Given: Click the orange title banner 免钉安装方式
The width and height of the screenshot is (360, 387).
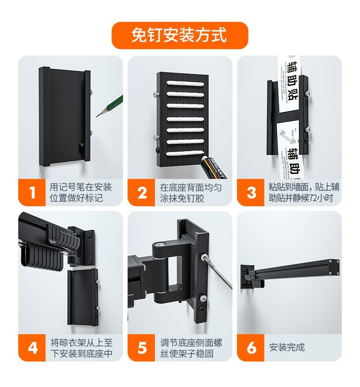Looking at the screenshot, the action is pos(180,36).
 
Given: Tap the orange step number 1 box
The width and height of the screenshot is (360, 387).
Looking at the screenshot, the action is pos(32,192).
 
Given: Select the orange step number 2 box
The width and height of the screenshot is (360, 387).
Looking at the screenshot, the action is pos(141,192).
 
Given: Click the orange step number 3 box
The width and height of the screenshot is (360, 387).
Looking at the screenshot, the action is pos(251,192).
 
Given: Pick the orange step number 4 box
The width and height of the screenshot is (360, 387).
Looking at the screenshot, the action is pos(32,347).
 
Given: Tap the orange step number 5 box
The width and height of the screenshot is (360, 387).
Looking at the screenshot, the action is pos(141,347).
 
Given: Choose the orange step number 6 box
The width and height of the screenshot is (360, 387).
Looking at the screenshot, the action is pos(251,347).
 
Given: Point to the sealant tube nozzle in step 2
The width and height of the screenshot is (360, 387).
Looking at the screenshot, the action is pos(204,157).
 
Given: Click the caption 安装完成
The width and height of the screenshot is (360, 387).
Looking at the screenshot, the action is pos(287,347).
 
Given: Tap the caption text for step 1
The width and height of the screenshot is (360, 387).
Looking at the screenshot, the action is pos(81,193).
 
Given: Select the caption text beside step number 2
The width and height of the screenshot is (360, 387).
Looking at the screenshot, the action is pos(190,193).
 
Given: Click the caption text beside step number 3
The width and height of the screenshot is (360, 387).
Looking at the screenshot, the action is pos(304,193).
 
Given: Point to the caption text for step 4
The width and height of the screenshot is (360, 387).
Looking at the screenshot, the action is pos(82,348).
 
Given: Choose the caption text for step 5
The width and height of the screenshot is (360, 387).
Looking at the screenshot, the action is pos(191,348).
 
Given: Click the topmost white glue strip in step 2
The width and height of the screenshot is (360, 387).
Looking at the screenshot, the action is pos(185,83).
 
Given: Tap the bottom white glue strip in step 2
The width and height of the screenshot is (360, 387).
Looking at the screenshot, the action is pos(185,153).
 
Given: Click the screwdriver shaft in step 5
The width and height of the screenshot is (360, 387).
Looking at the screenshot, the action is pos(218,271).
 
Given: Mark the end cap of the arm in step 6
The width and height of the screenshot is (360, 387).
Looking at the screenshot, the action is pos(334,266).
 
